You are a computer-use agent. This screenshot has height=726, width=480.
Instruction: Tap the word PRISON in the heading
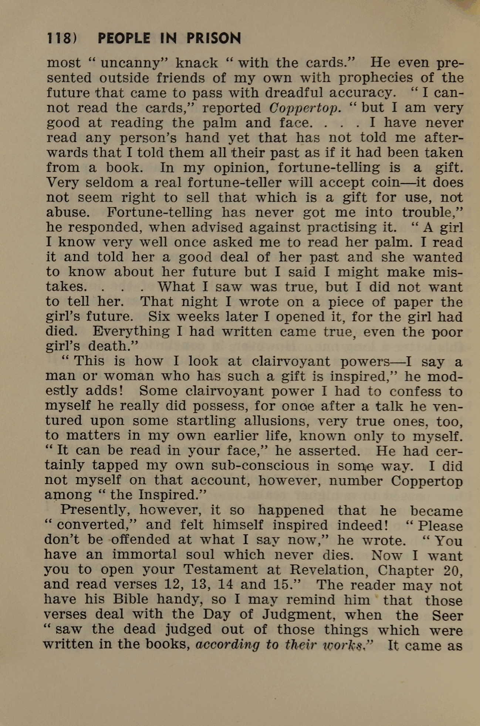(213, 38)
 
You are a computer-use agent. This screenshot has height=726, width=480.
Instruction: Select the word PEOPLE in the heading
(124, 38)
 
